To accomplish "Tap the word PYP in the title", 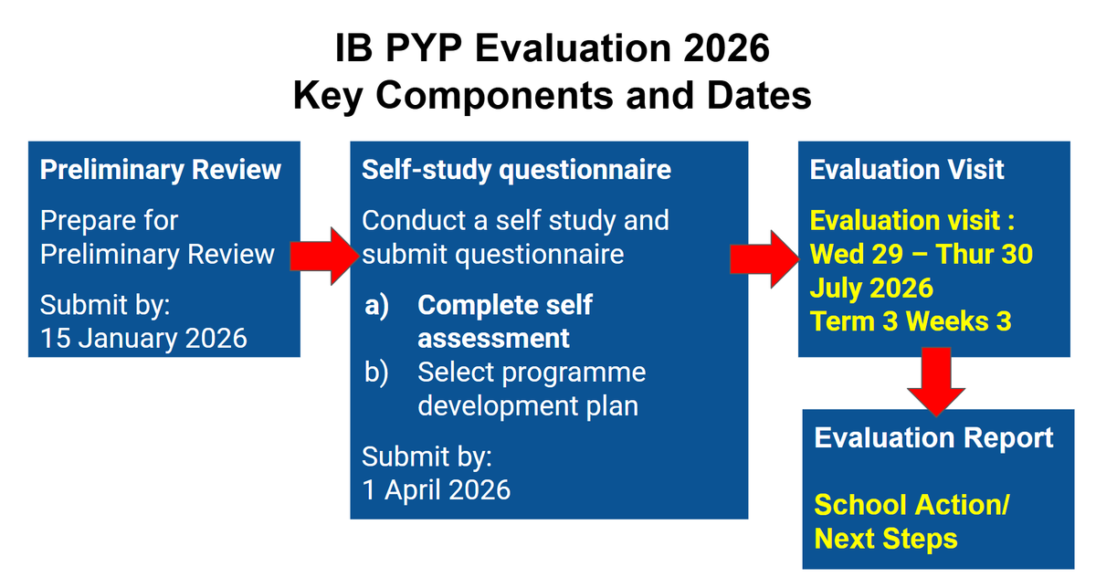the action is [x=424, y=48].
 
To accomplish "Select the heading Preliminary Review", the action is [x=161, y=170].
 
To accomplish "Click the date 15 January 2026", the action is [x=143, y=338].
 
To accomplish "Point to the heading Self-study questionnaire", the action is [x=516, y=170].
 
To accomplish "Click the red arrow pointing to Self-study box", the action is [x=324, y=256].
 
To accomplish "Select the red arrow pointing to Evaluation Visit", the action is [x=764, y=258].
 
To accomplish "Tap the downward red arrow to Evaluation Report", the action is [x=936, y=382].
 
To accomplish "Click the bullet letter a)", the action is [x=376, y=305].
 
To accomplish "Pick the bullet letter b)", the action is [x=376, y=373].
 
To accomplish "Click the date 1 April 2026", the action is [x=436, y=489].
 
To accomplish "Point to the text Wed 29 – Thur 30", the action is [x=922, y=254].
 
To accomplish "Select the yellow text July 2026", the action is [x=871, y=288].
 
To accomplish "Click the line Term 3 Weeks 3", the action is [x=911, y=321].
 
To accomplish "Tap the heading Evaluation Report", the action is [x=933, y=437].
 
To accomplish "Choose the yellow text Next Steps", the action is [x=886, y=539].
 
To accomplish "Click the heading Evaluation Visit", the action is [x=907, y=170].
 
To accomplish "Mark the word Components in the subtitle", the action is [x=494, y=97].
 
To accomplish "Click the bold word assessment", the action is [x=493, y=339].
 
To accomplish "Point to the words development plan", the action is [x=528, y=406].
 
